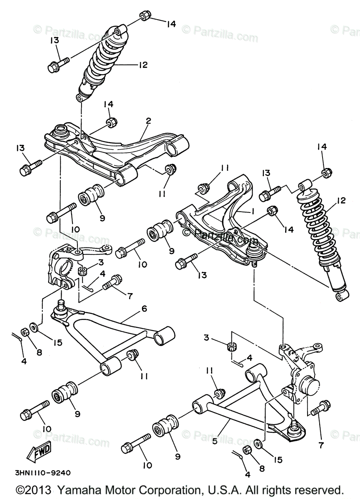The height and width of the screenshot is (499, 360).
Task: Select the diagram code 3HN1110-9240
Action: pos(42,473)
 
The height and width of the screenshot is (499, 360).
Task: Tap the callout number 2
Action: pos(148,121)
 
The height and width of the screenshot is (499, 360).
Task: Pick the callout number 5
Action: pos(215,441)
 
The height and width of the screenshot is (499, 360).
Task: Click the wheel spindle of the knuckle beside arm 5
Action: pos(310,385)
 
